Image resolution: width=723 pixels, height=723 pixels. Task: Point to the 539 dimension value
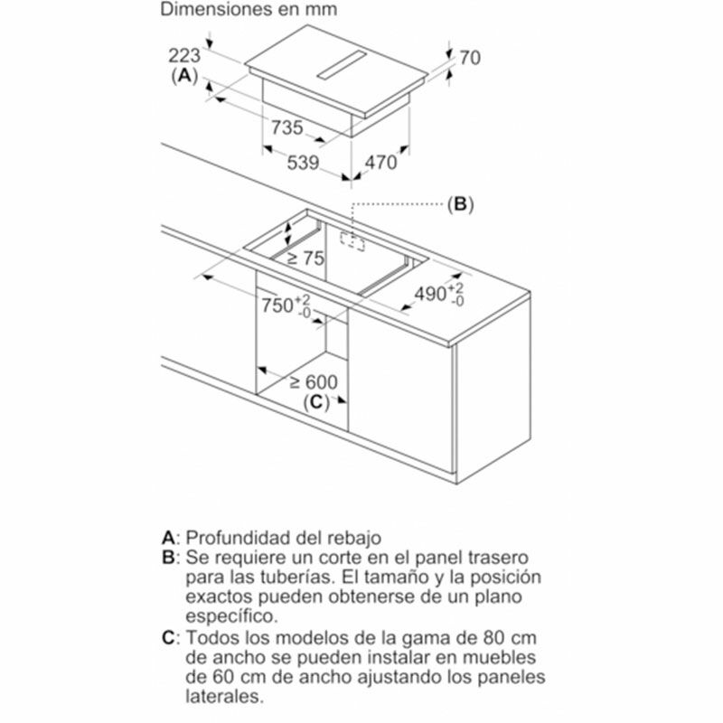(304, 164)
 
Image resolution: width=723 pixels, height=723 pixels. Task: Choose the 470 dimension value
(380, 164)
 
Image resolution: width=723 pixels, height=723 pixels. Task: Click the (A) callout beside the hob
(184, 76)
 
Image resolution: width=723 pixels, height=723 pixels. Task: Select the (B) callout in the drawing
(459, 204)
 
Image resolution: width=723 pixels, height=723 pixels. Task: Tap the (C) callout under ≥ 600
(314, 403)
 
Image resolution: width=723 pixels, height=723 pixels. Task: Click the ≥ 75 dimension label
(305, 258)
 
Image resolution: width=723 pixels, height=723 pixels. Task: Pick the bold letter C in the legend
(167, 638)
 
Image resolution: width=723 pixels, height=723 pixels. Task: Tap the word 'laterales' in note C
(224, 698)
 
